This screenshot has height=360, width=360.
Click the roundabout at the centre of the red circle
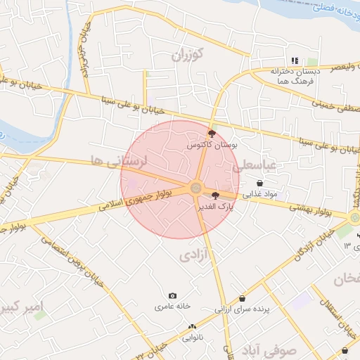coord(195,188)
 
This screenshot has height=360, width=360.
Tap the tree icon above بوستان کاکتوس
coord(212,132)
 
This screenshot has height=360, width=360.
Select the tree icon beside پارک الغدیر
coord(214,195)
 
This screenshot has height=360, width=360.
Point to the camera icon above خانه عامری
coord(173,296)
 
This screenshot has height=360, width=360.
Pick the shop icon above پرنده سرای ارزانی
coord(242,298)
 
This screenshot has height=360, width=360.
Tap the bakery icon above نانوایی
coord(192,327)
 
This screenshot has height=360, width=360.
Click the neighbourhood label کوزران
coord(187,53)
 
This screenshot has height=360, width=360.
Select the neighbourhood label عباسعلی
coord(261,166)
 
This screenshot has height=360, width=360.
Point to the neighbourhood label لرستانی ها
coord(126,161)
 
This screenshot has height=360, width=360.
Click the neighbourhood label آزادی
coord(193,254)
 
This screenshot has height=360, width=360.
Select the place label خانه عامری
coord(174,307)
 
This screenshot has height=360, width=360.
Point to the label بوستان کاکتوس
coord(212,144)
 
